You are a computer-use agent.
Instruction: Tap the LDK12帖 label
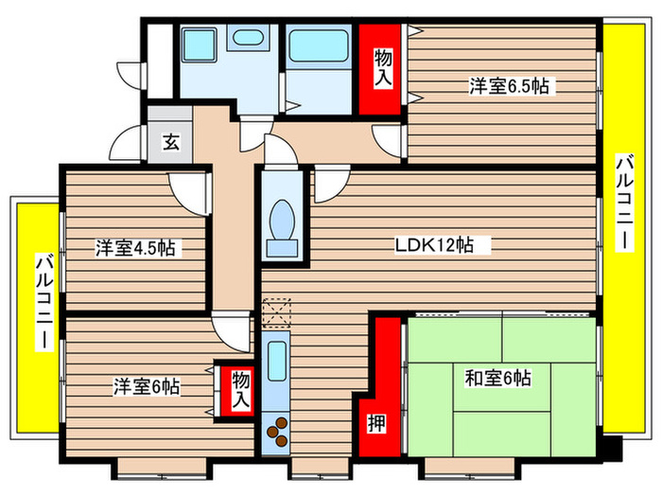click(434, 245)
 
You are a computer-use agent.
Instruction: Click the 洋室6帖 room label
click(148, 386)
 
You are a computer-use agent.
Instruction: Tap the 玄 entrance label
click(170, 143)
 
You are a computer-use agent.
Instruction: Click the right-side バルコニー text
click(623, 203)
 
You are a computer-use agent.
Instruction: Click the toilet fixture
click(282, 223)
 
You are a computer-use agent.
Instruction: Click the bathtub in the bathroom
click(318, 45)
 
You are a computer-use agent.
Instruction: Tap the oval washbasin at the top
click(248, 39)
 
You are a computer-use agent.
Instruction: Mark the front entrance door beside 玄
click(124, 147)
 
